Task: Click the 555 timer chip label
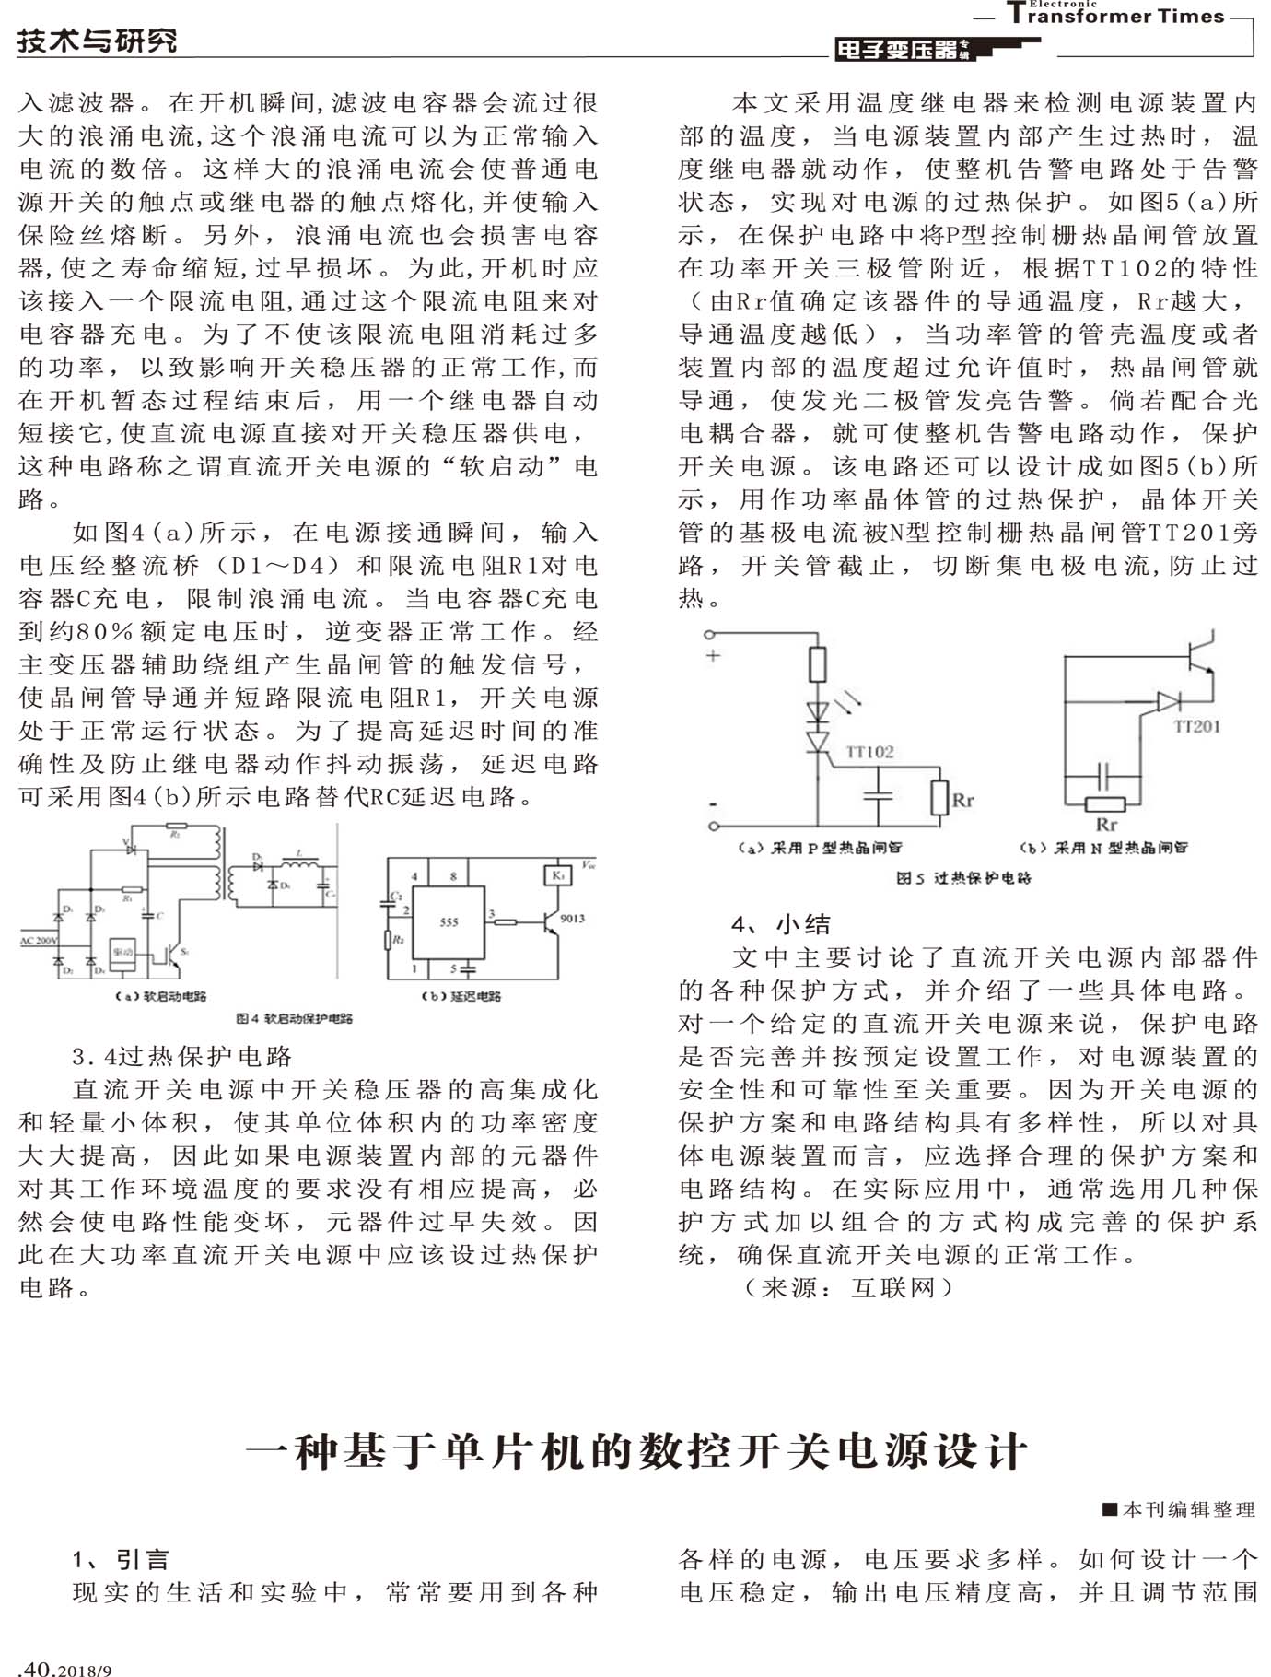coord(449,921)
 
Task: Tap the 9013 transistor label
coord(572,918)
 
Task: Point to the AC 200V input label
coord(39,941)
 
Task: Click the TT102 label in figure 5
coord(869,752)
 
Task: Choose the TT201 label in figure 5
coord(1196,727)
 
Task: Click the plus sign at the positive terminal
coord(713,656)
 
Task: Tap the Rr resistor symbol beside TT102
coord(939,798)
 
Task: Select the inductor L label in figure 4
coord(299,854)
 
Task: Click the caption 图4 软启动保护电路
coord(294,1018)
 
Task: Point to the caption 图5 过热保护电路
coord(963,878)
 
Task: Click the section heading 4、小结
coord(781,924)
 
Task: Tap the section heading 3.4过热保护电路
coord(181,1056)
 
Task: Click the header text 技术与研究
coord(97,41)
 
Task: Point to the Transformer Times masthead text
coord(1115,15)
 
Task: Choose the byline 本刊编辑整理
coord(1180,1509)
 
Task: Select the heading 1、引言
coord(121,1559)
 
